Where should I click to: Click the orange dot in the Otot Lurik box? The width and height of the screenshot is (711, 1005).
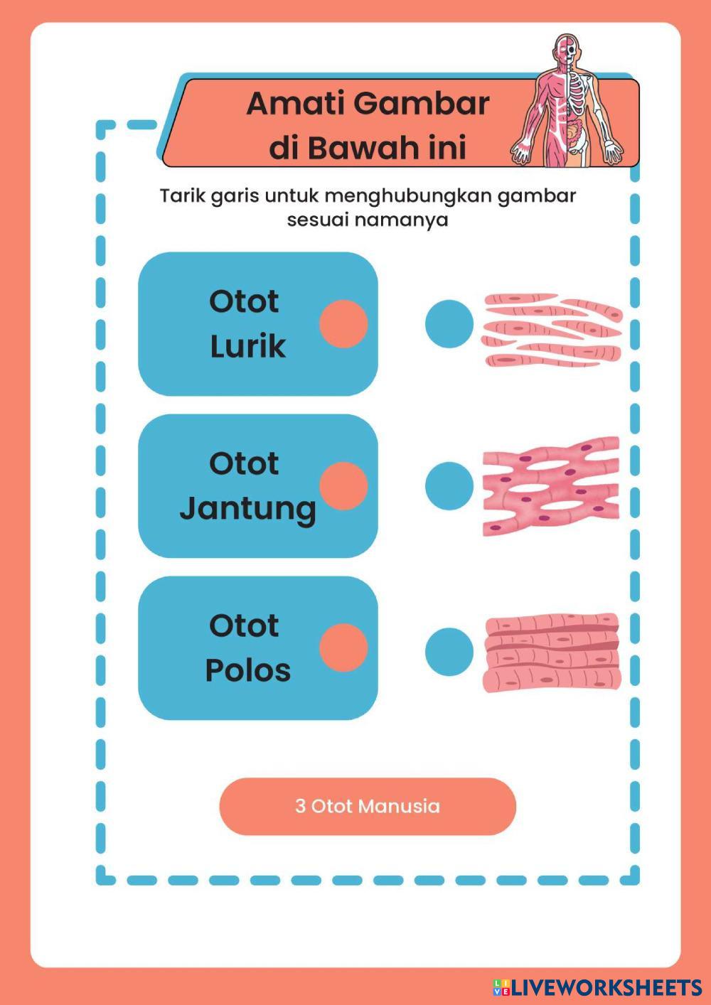[343, 324]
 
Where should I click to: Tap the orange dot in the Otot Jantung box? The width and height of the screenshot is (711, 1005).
[343, 486]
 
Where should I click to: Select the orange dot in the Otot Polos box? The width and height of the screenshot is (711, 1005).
[343, 648]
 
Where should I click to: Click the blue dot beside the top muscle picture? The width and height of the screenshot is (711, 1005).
[449, 324]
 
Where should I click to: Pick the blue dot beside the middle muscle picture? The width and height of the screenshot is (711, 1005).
[449, 486]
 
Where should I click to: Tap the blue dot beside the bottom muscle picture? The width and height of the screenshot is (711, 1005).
[449, 652]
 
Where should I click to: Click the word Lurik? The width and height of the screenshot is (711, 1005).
[247, 346]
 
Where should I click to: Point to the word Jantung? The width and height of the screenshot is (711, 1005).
[247, 509]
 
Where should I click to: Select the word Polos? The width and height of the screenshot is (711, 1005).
[247, 670]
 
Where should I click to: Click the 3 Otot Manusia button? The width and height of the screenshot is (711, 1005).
[368, 806]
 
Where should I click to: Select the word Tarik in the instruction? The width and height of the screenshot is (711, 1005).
[182, 195]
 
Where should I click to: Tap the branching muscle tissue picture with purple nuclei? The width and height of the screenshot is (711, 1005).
[551, 486]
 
